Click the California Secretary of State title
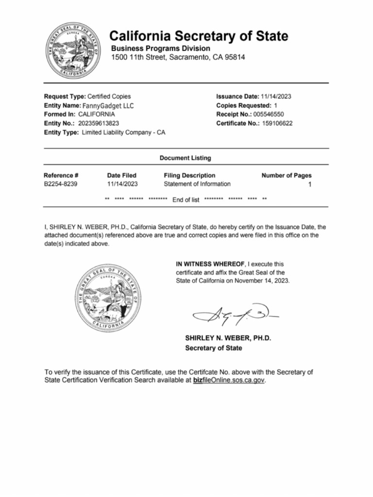pyautogui.click(x=199, y=36)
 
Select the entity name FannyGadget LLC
pyautogui.click(x=108, y=105)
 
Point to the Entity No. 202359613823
pyautogui.click(x=99, y=123)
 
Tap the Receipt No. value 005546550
pyautogui.click(x=271, y=114)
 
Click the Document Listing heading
pyautogui.click(x=185, y=158)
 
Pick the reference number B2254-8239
pyautogui.click(x=60, y=184)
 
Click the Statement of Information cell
pyautogui.click(x=197, y=184)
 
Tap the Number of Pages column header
pyautogui.click(x=287, y=175)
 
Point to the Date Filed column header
pyautogui.click(x=121, y=175)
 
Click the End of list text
pyautogui.click(x=186, y=199)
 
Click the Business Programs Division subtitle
pyautogui.click(x=161, y=49)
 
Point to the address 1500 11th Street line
pyautogui.click(x=178, y=57)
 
